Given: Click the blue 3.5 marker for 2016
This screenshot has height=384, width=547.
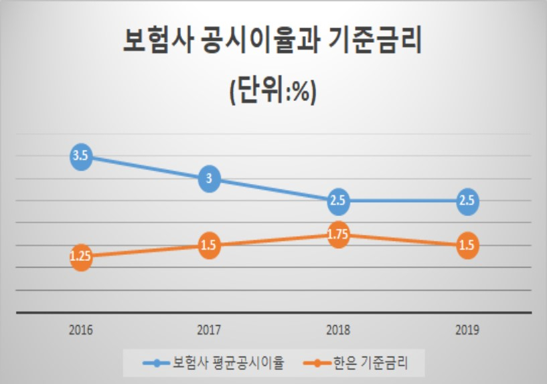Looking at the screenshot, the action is [81, 157].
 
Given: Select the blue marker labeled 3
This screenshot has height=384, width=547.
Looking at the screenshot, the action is [209, 179].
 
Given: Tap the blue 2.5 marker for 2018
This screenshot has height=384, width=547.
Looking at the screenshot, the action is [338, 201].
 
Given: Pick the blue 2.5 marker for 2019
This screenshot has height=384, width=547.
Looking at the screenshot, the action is [467, 201].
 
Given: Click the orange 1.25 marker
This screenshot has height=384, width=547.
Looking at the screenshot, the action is [81, 257].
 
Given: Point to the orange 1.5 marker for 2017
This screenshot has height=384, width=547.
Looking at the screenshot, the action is [209, 246].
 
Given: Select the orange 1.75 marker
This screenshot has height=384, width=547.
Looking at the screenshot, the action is [338, 235].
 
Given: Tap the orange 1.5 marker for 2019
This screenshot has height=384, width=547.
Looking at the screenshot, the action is [467, 246].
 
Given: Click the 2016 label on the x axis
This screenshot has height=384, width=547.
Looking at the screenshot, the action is [81, 330].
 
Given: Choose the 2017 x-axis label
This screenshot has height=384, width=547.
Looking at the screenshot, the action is [209, 330].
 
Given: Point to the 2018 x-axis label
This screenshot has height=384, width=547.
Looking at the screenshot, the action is [338, 330].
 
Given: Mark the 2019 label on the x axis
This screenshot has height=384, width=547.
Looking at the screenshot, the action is [467, 330].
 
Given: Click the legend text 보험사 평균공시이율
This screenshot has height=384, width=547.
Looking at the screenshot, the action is [228, 363].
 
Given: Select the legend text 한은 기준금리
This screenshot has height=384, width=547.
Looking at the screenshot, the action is [370, 363].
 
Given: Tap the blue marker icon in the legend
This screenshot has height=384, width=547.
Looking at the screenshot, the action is [157, 363].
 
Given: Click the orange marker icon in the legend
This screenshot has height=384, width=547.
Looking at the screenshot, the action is [317, 363].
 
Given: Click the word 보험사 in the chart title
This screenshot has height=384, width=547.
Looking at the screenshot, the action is [158, 41].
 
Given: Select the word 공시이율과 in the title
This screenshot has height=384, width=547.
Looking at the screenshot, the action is [260, 41].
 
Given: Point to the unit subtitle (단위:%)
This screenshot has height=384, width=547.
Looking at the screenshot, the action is [273, 92].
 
